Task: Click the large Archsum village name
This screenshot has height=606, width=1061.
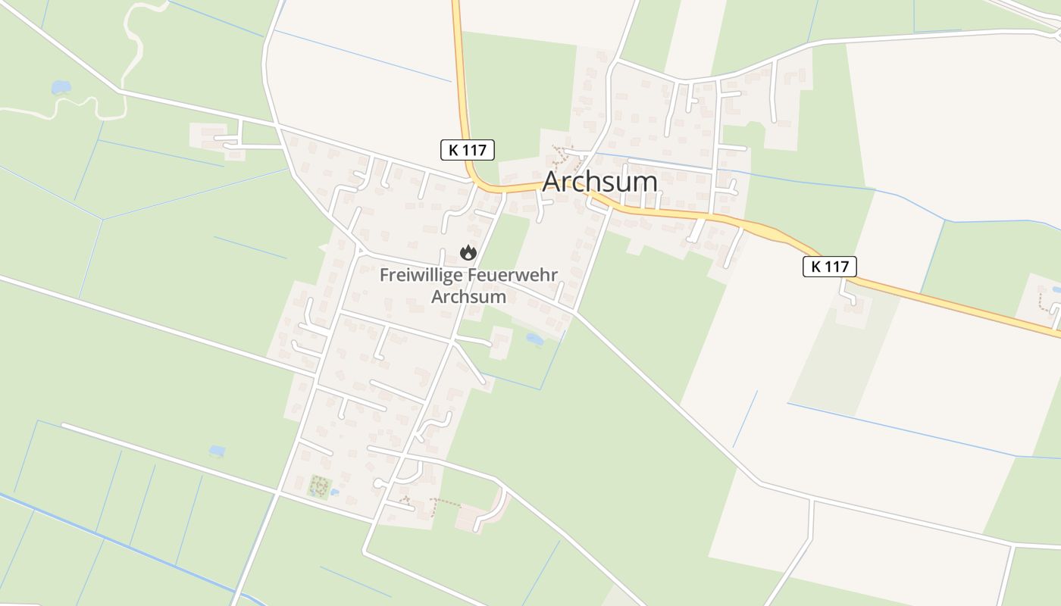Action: [x=599, y=182]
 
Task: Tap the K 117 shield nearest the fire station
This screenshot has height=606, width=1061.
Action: [x=467, y=150]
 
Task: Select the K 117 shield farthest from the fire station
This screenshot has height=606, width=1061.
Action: [x=829, y=266]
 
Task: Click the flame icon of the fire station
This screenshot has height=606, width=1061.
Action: [x=468, y=252]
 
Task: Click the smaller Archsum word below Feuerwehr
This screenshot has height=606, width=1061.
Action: [x=468, y=296]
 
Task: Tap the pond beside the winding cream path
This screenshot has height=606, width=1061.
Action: [x=60, y=88]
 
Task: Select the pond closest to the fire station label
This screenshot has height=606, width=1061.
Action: [x=534, y=339]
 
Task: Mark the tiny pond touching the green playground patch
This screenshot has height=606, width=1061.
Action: [x=334, y=492]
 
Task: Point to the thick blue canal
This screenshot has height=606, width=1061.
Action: [x=114, y=539]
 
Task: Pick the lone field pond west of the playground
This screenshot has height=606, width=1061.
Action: [x=217, y=451]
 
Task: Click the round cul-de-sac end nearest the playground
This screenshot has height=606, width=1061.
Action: [x=378, y=483]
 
